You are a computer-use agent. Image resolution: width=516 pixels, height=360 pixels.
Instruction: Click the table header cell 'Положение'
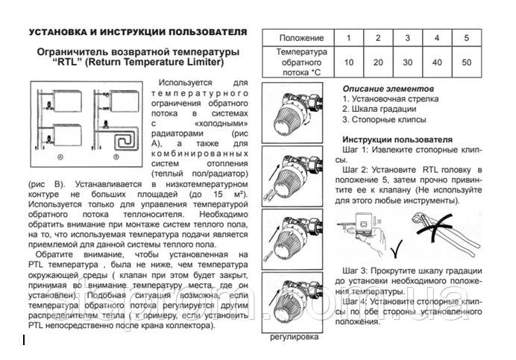point(301,38)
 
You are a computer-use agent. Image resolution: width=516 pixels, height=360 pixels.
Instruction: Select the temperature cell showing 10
point(349,63)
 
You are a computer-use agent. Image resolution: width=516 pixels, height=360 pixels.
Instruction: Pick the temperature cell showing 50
point(466,63)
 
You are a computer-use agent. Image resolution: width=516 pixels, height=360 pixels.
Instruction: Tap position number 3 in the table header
point(407,38)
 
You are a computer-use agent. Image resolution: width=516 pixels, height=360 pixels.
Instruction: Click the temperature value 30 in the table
point(407,63)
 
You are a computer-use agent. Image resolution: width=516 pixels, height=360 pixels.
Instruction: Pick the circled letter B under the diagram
point(115,157)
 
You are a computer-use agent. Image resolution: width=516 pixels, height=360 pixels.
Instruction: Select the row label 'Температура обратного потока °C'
point(301,63)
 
